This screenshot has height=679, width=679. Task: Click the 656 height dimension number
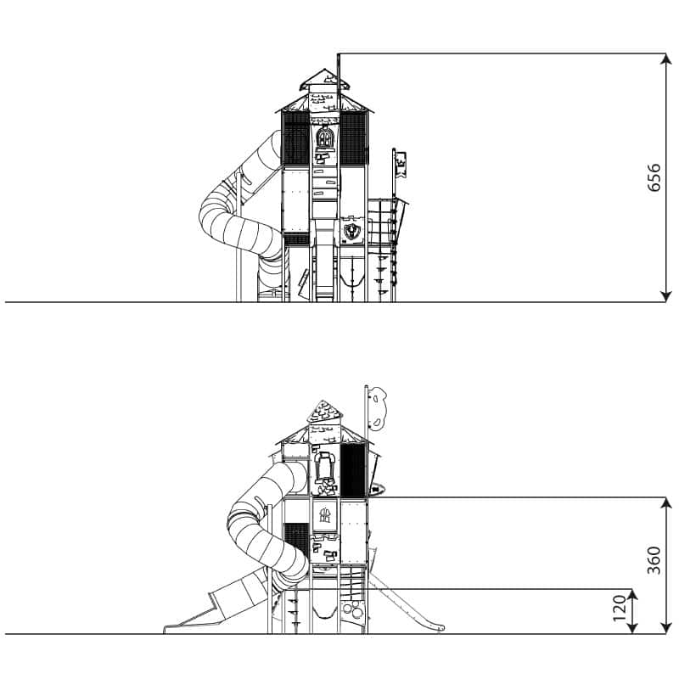(x=654, y=177)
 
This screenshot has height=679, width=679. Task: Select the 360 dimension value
(x=654, y=560)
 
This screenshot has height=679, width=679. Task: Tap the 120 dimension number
(x=620, y=608)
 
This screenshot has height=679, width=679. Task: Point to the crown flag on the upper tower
(x=401, y=165)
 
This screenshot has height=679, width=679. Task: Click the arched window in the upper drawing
(x=324, y=137)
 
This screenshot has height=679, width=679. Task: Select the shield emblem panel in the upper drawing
(x=351, y=230)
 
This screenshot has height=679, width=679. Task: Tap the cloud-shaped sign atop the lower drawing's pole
(x=378, y=408)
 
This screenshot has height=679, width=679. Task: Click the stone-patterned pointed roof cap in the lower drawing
(x=324, y=412)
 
